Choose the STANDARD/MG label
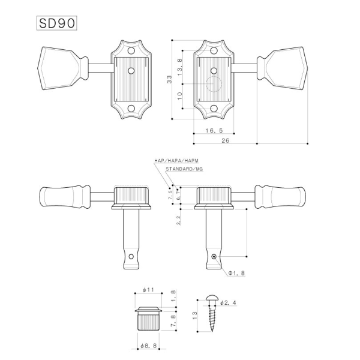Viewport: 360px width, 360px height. click(184, 170)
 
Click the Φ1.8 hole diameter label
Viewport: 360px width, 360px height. click(236, 272)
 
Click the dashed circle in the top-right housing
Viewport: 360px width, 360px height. click(214, 88)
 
